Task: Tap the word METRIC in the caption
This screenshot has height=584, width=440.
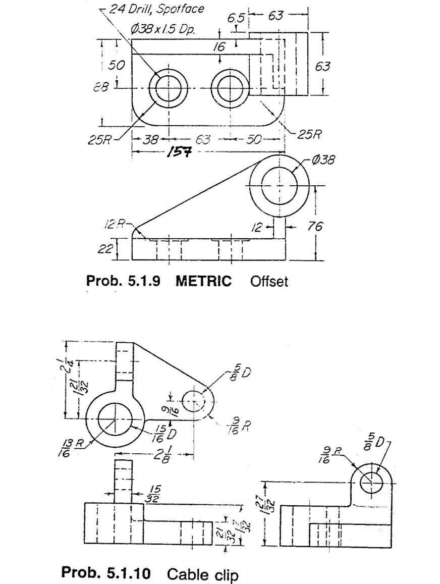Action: pyautogui.click(x=203, y=281)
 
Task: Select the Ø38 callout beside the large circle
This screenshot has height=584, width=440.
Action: pyautogui.click(x=323, y=160)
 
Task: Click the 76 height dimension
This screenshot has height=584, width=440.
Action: pyautogui.click(x=315, y=227)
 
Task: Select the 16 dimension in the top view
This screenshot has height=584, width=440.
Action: pyautogui.click(x=218, y=47)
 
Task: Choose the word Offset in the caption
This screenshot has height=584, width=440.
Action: pyautogui.click(x=269, y=281)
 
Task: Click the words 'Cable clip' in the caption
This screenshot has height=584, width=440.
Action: pyautogui.click(x=202, y=574)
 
